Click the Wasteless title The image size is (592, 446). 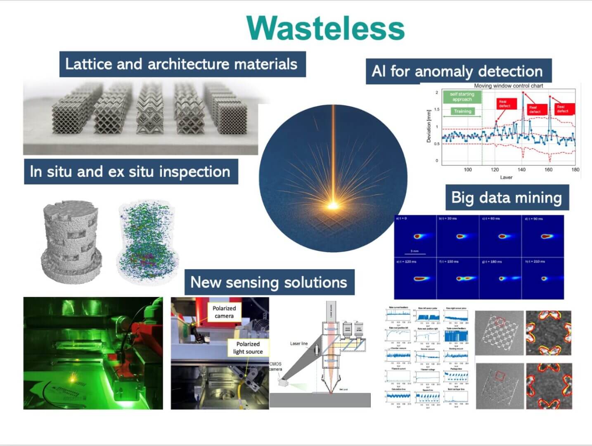(x=325, y=28)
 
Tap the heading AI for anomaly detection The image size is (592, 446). (x=457, y=71)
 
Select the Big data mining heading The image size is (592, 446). (x=507, y=197)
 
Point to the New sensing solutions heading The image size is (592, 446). (x=269, y=282)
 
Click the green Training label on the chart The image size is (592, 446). (x=462, y=111)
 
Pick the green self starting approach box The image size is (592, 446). (x=462, y=97)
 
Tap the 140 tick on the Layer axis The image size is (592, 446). (x=521, y=169)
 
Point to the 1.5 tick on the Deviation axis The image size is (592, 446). (x=437, y=109)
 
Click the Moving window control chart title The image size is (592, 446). (x=508, y=86)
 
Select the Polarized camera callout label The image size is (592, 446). (x=224, y=312)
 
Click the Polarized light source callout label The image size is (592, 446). (x=248, y=347)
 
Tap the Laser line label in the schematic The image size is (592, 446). (x=298, y=343)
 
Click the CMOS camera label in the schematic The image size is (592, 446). (x=275, y=366)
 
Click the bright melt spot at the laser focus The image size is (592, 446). (x=332, y=205)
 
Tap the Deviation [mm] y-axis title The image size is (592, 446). (x=429, y=126)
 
